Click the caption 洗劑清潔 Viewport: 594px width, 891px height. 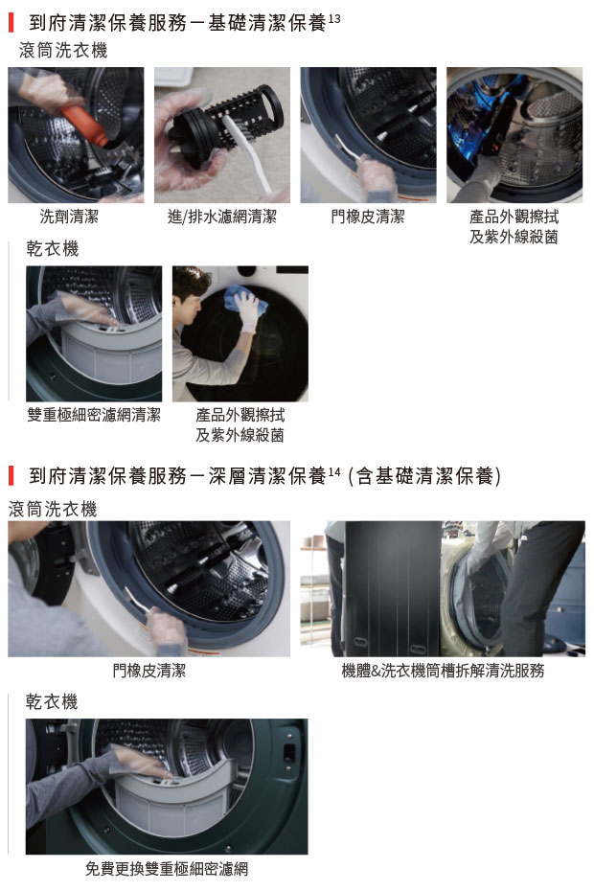click(x=69, y=217)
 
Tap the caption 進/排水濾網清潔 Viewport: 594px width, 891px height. click(x=221, y=217)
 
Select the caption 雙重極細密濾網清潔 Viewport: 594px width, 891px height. click(x=94, y=415)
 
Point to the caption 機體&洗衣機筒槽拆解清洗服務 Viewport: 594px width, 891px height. click(x=443, y=671)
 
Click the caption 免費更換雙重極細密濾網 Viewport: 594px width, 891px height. click(x=167, y=868)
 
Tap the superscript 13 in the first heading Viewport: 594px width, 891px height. click(x=334, y=19)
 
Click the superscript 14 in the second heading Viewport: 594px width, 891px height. click(x=334, y=471)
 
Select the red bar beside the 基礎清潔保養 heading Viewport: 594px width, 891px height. click(x=11, y=23)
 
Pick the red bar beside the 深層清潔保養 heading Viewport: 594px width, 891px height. click(x=11, y=476)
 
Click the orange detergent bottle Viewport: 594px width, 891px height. click(x=83, y=124)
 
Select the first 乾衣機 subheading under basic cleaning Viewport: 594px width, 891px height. click(x=53, y=249)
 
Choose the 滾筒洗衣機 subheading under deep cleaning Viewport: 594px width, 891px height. click(x=53, y=509)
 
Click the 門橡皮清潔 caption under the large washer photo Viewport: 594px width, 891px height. click(x=148, y=671)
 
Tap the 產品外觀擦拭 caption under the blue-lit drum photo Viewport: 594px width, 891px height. click(x=514, y=217)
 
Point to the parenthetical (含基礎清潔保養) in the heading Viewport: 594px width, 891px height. click(x=424, y=476)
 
